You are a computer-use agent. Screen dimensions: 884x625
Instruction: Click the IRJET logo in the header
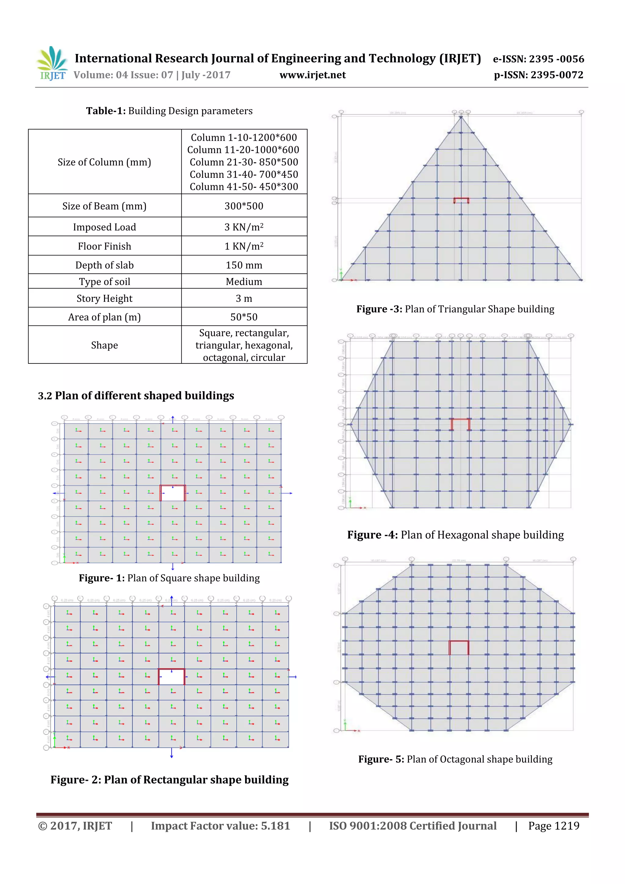[x=52, y=63]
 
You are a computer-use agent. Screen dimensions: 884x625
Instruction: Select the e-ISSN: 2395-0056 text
[x=538, y=59]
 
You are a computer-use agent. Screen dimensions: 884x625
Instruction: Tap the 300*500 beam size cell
[x=244, y=206]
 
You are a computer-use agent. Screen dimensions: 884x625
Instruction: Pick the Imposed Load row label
[x=104, y=227]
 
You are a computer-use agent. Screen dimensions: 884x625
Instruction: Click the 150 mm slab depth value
[x=244, y=265]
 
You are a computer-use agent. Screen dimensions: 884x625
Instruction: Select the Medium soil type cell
[x=244, y=282]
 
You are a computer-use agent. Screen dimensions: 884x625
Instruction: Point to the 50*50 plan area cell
[x=244, y=317]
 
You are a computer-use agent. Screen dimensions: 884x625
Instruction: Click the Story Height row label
[x=104, y=299]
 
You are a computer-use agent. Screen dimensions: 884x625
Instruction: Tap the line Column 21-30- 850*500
[x=244, y=162]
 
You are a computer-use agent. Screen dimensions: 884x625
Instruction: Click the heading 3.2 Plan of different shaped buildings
[x=136, y=396]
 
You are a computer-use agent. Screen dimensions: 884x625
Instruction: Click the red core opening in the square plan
[x=172, y=493]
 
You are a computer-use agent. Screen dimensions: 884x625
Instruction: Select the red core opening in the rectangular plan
[x=172, y=677]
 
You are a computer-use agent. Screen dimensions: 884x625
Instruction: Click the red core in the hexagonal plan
[x=461, y=424]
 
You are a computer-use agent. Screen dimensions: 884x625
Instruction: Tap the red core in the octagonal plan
[x=459, y=648]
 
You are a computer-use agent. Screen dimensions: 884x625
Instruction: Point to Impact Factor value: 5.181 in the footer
[x=220, y=826]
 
